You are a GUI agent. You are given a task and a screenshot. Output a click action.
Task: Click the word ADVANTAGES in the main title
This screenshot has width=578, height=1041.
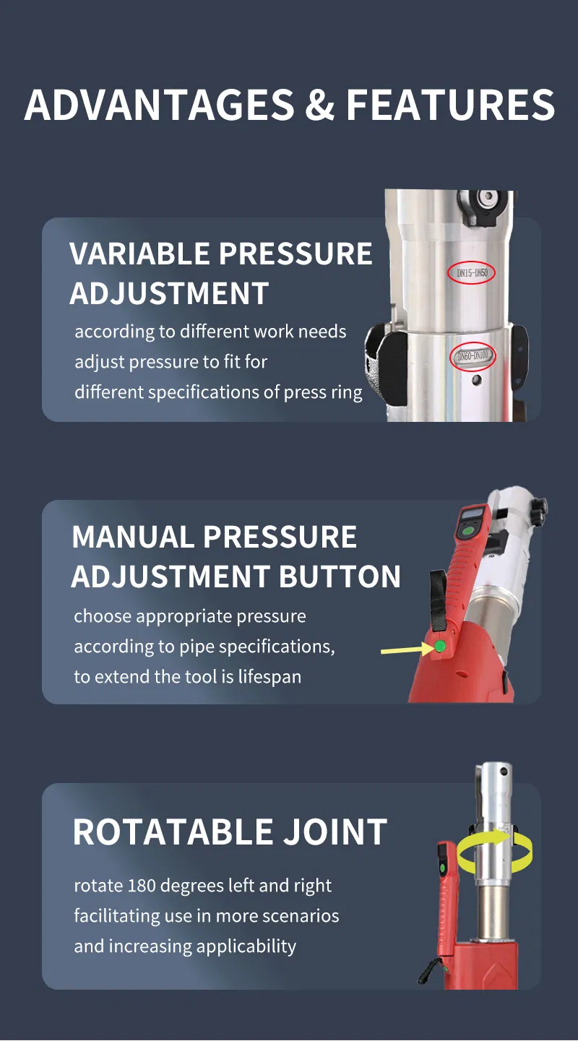point(160,104)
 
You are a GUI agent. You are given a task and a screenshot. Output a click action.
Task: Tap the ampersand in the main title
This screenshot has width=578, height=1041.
point(319,104)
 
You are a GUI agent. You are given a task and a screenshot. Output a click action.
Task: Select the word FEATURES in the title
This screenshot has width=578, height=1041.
point(451,104)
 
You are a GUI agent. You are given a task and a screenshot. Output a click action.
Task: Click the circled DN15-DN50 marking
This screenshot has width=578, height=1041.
point(472,273)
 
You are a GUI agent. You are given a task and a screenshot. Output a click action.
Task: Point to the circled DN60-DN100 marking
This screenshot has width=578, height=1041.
point(473,356)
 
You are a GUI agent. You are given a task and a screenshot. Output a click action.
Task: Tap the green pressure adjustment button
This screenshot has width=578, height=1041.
point(439,646)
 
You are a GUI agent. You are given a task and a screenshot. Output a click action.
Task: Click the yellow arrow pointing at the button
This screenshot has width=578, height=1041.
point(407,649)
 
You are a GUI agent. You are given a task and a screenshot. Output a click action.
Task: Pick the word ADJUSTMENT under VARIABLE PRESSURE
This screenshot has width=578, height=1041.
point(169,293)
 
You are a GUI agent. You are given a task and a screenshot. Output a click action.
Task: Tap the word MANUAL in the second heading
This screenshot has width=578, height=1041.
point(133,537)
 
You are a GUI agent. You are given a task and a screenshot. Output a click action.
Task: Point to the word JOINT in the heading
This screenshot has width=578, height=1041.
point(335,831)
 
